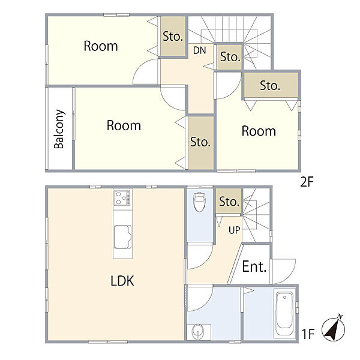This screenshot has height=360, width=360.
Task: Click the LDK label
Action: [122, 281]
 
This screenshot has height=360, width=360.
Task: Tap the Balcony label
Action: [59, 129]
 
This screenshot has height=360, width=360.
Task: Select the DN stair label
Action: [199, 50]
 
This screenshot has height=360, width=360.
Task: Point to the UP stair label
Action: [234, 230]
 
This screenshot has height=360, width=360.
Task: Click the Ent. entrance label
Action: [254, 266]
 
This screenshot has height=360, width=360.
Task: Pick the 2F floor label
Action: [307, 182]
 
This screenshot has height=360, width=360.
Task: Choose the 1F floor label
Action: [308, 334]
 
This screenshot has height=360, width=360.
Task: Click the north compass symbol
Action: [334, 329]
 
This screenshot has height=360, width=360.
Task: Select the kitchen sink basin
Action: [122, 237]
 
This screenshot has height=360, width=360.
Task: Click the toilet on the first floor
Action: [199, 202]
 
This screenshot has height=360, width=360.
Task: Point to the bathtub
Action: [284, 314]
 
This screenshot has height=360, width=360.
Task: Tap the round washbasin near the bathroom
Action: [197, 331]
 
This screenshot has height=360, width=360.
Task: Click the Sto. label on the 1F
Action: [229, 202]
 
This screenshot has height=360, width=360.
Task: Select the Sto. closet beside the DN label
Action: [229, 57]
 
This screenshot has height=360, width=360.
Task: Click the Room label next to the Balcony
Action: [124, 125]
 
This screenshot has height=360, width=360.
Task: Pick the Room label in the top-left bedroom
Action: [101, 46]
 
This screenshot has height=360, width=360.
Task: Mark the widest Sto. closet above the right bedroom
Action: [271, 85]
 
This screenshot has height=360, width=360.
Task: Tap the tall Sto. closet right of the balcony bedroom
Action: [201, 143]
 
